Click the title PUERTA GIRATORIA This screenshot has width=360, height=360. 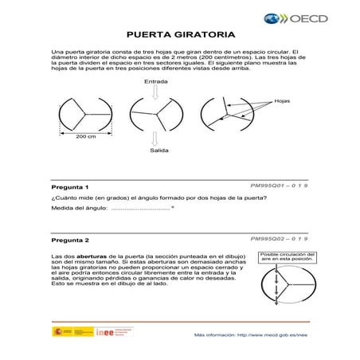tap(181, 36)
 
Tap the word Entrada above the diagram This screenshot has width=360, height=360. tap(155, 82)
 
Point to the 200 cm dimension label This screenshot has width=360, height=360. tap(85, 137)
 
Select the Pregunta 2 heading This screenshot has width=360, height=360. tap(70, 240)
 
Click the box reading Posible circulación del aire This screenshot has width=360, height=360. tap(288, 257)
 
